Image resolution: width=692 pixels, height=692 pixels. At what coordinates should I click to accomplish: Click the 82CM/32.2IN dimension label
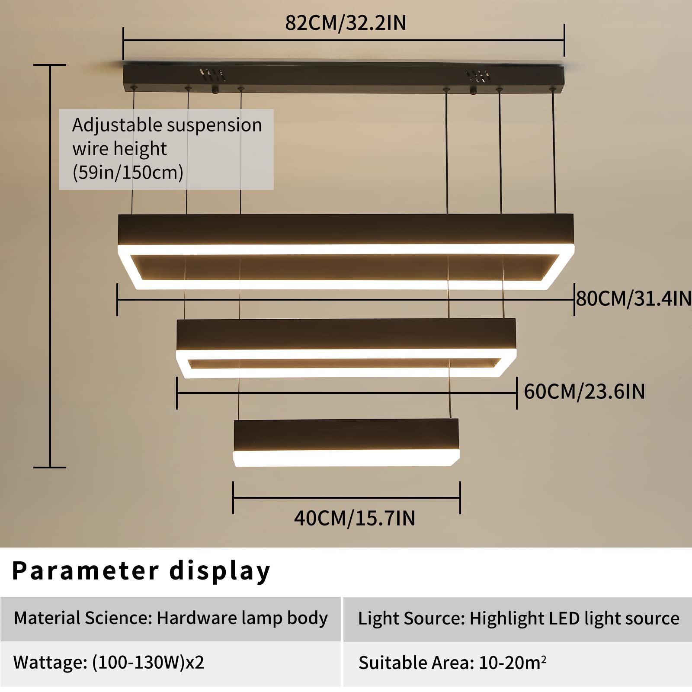tap(346, 23)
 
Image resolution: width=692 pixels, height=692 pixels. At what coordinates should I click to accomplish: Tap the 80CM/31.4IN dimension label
tap(634, 298)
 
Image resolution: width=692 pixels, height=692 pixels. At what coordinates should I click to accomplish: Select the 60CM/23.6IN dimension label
tap(584, 391)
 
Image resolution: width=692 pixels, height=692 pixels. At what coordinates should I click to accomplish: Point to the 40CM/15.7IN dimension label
tap(355, 518)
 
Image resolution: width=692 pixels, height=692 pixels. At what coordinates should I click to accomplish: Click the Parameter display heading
tap(141, 571)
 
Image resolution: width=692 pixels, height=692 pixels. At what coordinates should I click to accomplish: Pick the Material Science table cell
tap(171, 618)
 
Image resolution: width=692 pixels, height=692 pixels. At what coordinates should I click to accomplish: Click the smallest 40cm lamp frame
tap(346, 442)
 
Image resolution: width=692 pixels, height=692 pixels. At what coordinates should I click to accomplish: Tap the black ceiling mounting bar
tap(344, 78)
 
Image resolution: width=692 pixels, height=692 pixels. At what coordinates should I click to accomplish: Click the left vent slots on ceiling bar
tap(212, 75)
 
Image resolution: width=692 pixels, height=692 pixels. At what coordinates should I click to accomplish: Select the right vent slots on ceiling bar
tap(478, 76)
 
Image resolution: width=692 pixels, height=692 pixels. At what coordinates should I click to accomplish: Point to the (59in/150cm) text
tap(128, 172)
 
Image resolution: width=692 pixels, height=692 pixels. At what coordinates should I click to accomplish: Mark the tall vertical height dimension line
tap(50, 266)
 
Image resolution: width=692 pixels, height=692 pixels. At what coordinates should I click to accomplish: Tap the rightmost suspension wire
tap(554, 151)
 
